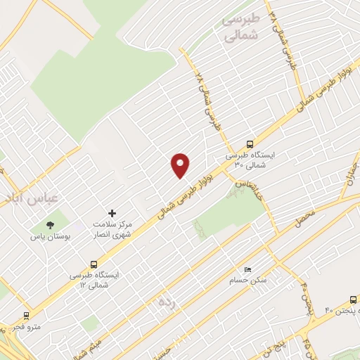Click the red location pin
(181, 165)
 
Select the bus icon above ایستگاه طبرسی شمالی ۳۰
(250, 143)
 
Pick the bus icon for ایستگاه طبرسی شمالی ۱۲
(94, 265)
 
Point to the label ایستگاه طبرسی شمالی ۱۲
(96, 280)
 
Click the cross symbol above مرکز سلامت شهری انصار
(111, 213)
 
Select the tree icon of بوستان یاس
(49, 225)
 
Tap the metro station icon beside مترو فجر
(26, 316)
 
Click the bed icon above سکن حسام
(247, 269)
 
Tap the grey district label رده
(166, 302)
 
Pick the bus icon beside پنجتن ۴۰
(350, 298)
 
